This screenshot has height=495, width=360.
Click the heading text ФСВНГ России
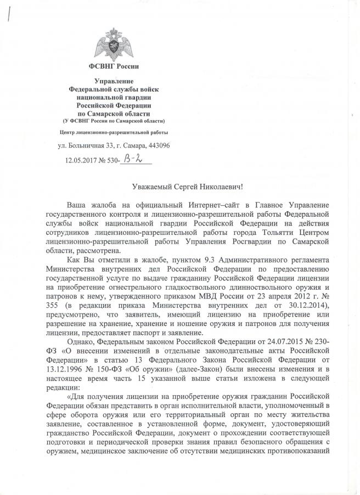[114, 66]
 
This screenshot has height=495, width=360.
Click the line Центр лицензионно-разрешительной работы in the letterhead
[114, 132]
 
